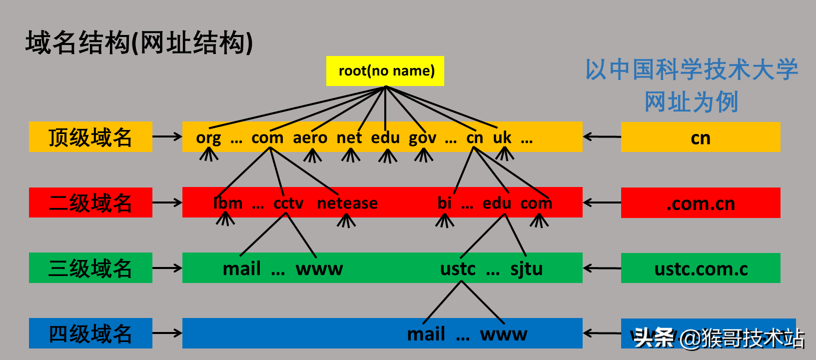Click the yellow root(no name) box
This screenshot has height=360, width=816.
pyautogui.click(x=385, y=71)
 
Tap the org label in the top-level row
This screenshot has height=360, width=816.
pyautogui.click(x=208, y=137)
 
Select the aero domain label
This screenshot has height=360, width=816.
pyautogui.click(x=310, y=137)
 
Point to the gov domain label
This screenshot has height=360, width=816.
pyautogui.click(x=422, y=137)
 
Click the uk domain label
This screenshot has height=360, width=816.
pyautogui.click(x=502, y=137)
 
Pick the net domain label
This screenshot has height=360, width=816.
pyautogui.click(x=349, y=137)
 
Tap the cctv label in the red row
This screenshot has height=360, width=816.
pyautogui.click(x=288, y=203)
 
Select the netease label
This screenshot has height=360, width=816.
pyautogui.click(x=347, y=203)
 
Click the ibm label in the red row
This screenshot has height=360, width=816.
pyautogui.click(x=228, y=203)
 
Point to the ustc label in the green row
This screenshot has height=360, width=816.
pyautogui.click(x=458, y=269)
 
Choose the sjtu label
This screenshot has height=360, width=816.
pyautogui.click(x=526, y=269)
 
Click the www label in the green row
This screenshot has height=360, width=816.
pyautogui.click(x=319, y=269)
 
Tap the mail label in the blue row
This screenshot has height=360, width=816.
pyautogui.click(x=426, y=334)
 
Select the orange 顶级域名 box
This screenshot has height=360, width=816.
pyautogui.click(x=90, y=137)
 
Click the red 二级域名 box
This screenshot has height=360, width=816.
pyautogui.click(x=90, y=202)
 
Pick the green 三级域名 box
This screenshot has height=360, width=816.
pyautogui.click(x=90, y=268)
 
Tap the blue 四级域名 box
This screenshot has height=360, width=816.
pyautogui.click(x=90, y=333)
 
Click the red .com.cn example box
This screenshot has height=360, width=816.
pyautogui.click(x=700, y=203)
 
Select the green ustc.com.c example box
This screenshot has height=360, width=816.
pyautogui.click(x=700, y=268)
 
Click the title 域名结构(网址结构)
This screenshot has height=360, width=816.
pyautogui.click(x=139, y=42)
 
